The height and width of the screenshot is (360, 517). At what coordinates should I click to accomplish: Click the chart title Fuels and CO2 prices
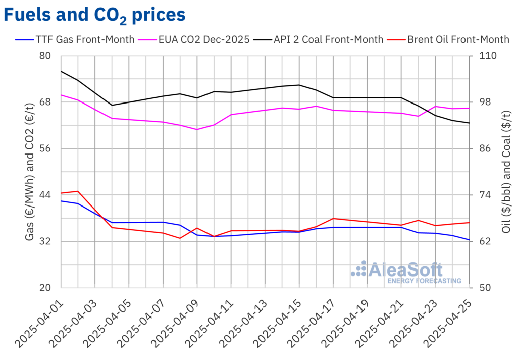tap(94, 15)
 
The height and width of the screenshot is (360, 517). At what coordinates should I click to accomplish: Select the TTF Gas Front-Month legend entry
tap(76, 39)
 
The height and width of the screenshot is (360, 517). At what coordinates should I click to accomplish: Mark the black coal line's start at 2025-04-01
tap(61, 71)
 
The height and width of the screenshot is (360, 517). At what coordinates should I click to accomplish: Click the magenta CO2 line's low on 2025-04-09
tap(197, 129)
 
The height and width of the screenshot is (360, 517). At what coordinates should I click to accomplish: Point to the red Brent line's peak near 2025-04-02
tap(78, 191)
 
